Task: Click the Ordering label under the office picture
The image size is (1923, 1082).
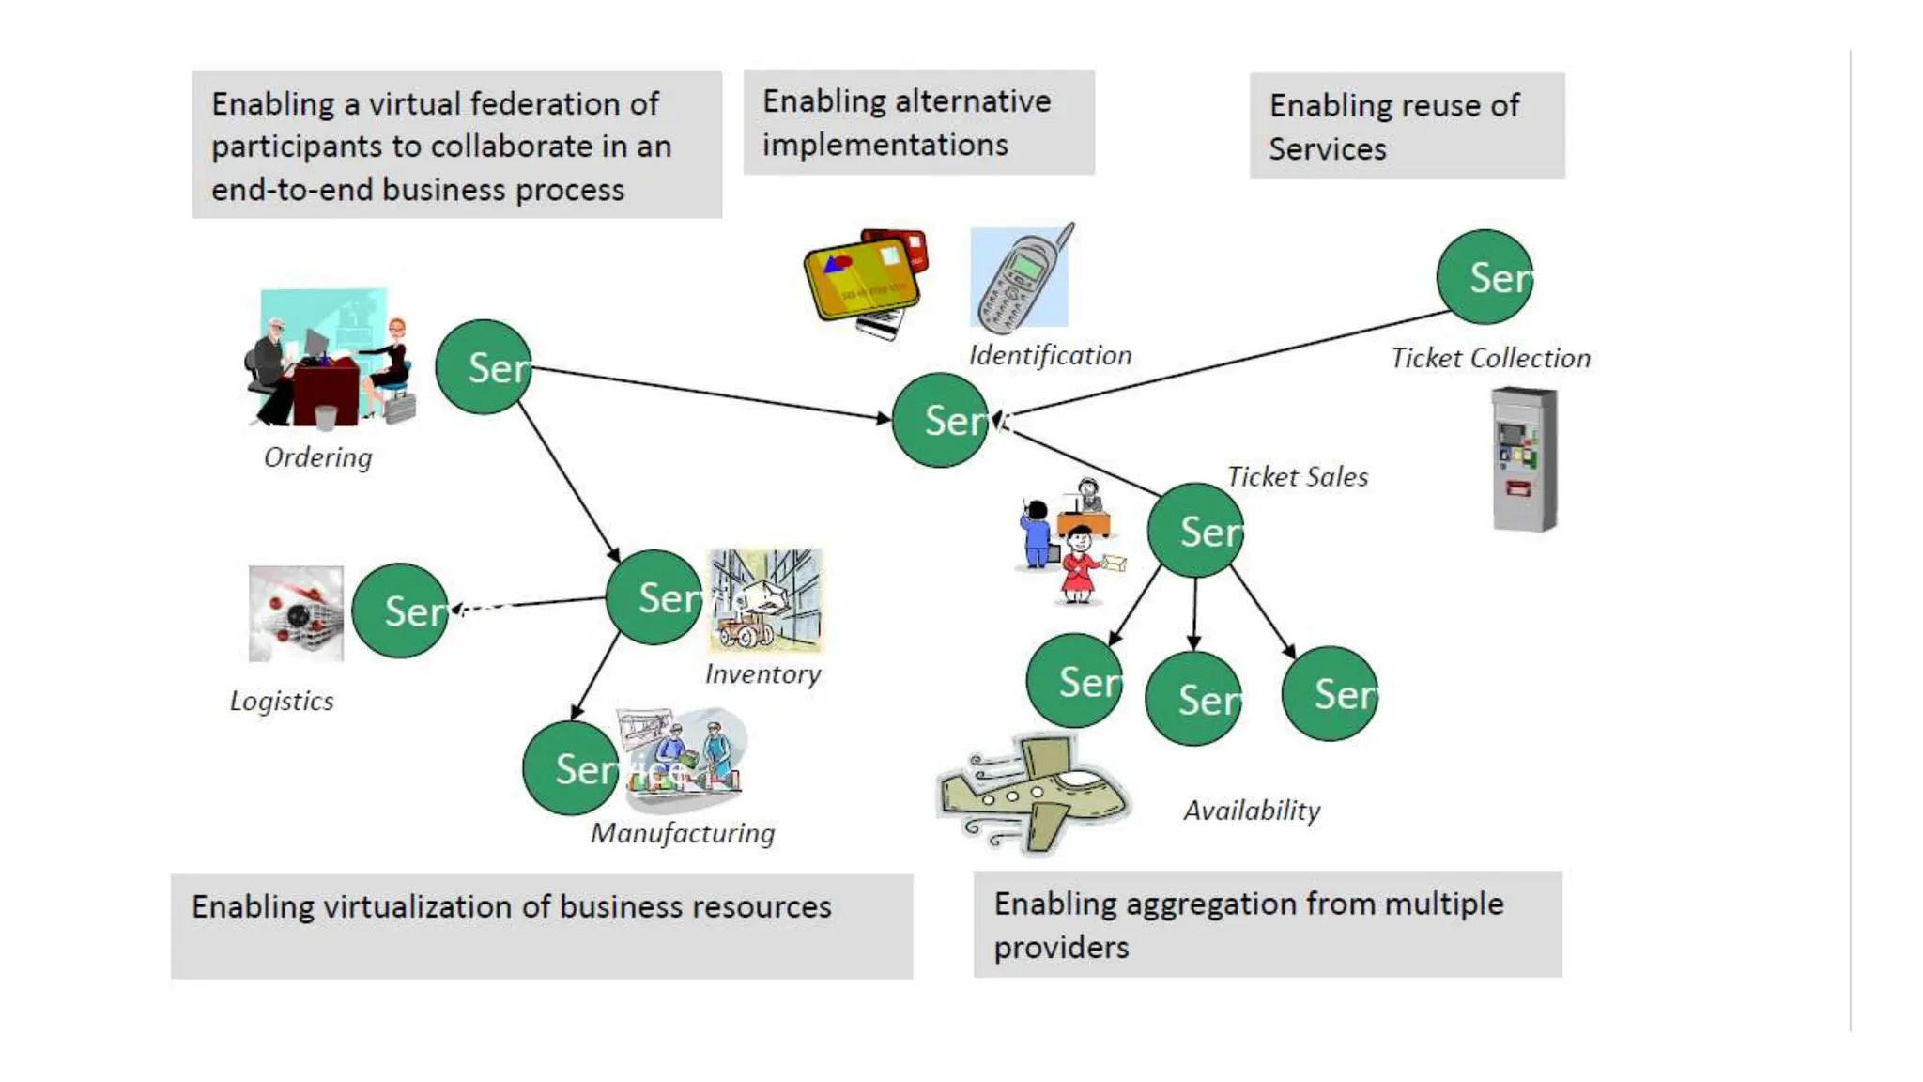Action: point(317,457)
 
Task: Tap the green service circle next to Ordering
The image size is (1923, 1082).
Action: point(484,367)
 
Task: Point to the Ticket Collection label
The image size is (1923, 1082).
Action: point(1490,358)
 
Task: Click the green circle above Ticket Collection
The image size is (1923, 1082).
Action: point(1485,277)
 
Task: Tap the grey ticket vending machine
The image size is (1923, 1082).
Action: point(1524,460)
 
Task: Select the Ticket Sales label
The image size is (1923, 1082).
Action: point(1298,477)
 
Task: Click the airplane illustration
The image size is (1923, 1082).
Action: point(1033,794)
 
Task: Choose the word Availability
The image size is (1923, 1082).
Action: point(1252,811)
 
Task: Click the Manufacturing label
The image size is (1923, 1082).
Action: point(683,833)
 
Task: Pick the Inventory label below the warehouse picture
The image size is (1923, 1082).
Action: point(762,674)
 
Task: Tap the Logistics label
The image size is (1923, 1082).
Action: point(282,702)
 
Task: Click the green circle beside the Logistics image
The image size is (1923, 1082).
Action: point(400,611)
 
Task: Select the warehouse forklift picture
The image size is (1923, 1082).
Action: point(765,600)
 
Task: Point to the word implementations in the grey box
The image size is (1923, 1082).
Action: point(885,145)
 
